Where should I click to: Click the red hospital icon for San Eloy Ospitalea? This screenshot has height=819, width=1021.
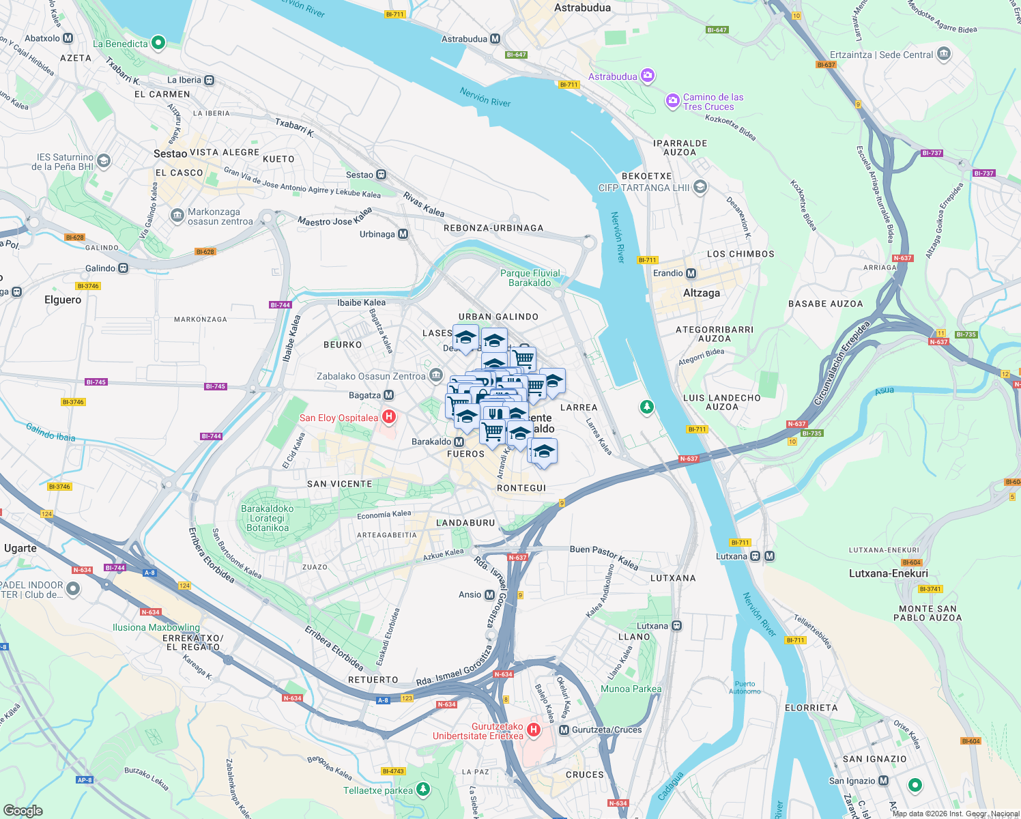[x=388, y=416]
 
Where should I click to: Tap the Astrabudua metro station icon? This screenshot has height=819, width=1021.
[x=495, y=40]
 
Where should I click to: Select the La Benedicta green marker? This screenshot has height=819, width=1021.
[x=158, y=43]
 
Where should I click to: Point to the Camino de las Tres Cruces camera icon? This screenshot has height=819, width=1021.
[x=672, y=102]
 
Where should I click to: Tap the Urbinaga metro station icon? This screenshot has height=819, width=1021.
[x=403, y=234]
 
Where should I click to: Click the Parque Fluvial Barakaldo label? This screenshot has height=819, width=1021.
[x=530, y=278]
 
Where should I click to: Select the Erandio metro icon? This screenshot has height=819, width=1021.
[x=691, y=273]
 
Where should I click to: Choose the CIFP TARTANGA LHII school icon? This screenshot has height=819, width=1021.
[x=700, y=186]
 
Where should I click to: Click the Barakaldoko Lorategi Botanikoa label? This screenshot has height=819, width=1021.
[x=268, y=518]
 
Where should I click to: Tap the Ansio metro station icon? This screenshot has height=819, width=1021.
[x=489, y=594]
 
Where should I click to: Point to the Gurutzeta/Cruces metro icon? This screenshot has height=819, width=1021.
[x=564, y=730]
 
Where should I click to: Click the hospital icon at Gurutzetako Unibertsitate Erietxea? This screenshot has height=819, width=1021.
[x=534, y=730]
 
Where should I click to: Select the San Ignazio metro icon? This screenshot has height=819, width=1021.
[x=884, y=781]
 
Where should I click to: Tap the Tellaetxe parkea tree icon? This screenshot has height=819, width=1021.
[x=424, y=790]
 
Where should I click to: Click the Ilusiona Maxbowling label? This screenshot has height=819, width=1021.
[x=156, y=627]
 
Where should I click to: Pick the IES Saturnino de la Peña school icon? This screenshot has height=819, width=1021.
[x=104, y=161]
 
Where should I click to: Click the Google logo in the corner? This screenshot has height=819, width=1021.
[x=23, y=810]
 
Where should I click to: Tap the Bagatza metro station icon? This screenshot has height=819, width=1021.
[x=388, y=395]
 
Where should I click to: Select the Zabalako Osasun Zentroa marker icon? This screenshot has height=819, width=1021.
[x=436, y=376]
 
